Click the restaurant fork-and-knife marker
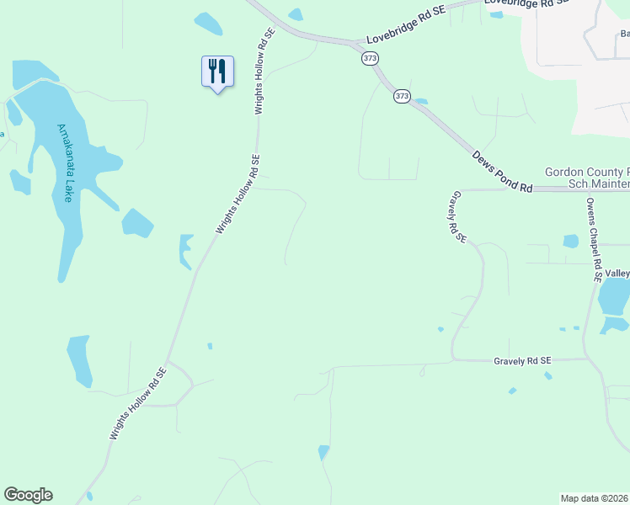(217, 72)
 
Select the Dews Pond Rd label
(502, 173)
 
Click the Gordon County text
(586, 172)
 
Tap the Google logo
(28, 495)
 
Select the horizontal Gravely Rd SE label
(521, 360)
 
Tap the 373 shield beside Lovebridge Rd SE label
(370, 58)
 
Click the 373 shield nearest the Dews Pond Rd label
(402, 97)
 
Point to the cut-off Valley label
(617, 274)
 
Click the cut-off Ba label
(624, 35)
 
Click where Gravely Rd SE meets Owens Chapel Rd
(586, 359)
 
